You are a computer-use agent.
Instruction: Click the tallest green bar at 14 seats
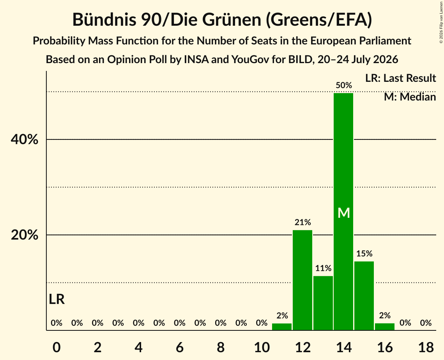343,212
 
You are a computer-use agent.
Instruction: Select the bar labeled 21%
302,280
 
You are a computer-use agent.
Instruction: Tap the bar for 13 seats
323,303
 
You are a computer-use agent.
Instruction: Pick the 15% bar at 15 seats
364,296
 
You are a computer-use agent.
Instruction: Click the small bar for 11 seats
282,327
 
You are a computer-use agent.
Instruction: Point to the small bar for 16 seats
385,327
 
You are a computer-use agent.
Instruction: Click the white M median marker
344,213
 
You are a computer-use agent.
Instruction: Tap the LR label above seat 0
57,299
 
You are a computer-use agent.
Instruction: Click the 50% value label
344,85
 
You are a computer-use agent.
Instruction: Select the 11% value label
323,268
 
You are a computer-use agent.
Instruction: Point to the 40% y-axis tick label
25,139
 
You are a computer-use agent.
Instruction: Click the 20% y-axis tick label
25,235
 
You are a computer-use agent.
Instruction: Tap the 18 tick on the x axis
426,347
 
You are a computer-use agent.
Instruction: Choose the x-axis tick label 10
262,347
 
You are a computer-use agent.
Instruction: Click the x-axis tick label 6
180,347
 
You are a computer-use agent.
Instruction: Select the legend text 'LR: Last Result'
400,78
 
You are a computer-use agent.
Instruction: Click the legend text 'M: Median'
410,97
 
